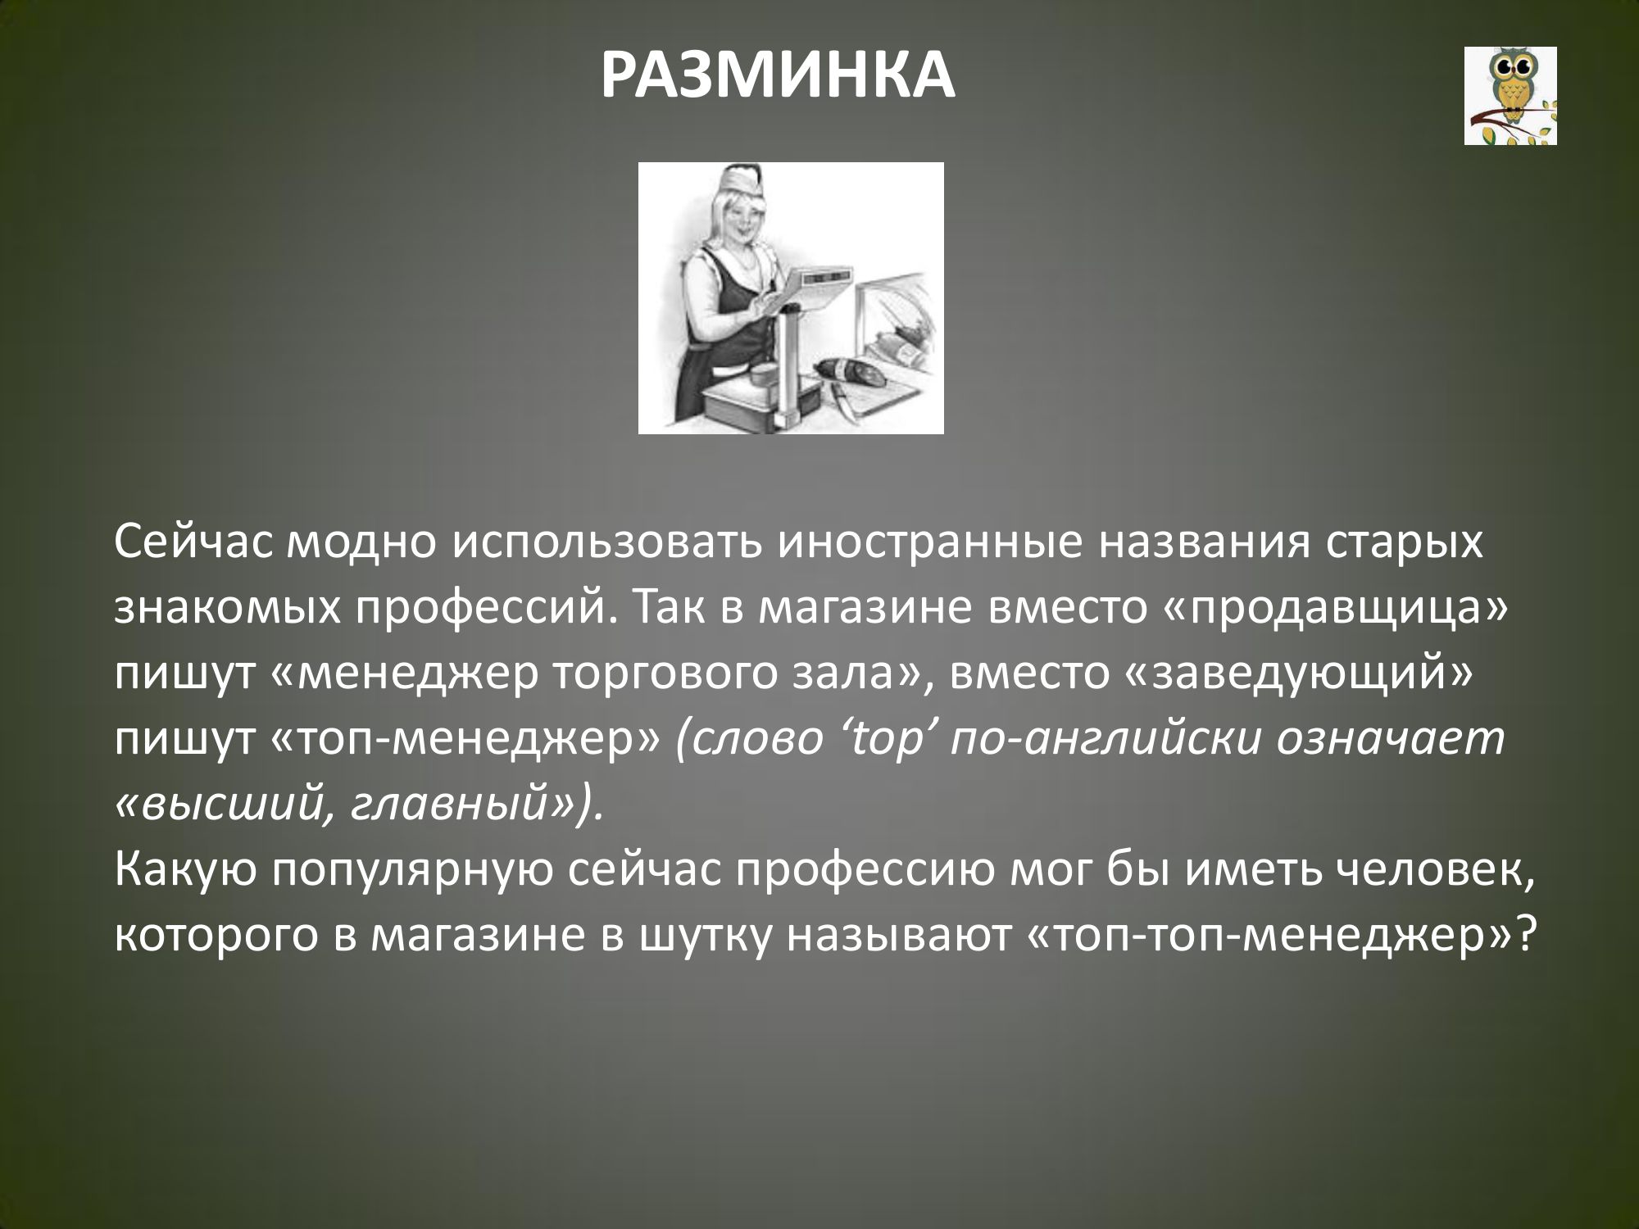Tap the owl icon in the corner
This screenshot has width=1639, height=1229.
coord(1510,96)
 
